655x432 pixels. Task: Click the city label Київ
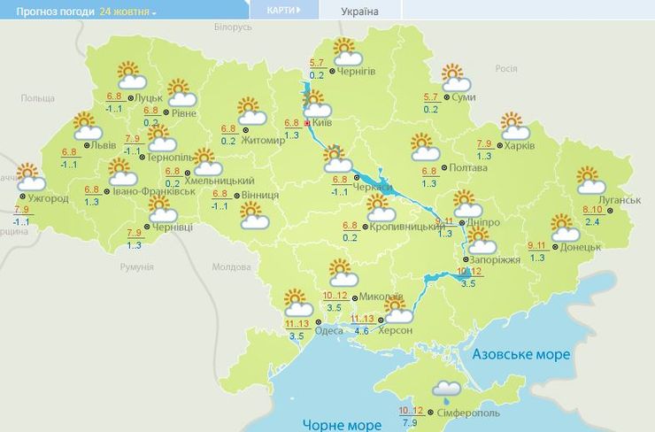(x=323, y=122)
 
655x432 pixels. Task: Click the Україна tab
(x=359, y=11)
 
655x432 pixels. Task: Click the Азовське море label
(x=521, y=354)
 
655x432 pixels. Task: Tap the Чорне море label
(x=343, y=424)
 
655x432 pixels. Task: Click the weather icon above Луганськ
(x=590, y=180)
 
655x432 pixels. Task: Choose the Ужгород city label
(x=49, y=197)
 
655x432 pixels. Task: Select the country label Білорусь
(x=233, y=27)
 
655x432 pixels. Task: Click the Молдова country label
(x=232, y=266)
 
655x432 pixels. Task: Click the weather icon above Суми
(x=453, y=76)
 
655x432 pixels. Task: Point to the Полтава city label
(x=468, y=167)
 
